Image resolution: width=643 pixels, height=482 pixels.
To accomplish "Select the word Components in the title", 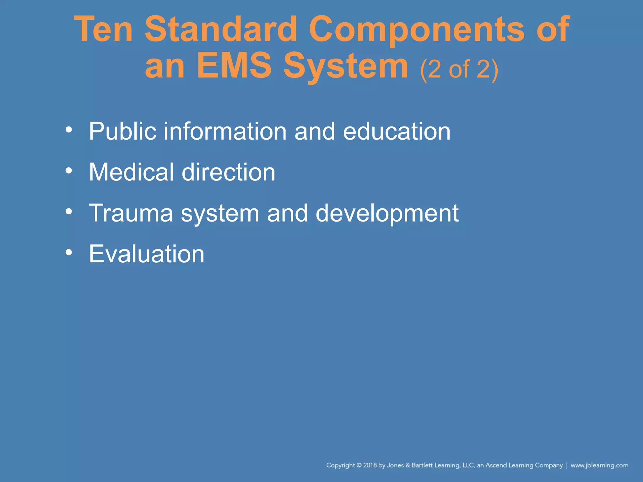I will pyautogui.click(x=416, y=30).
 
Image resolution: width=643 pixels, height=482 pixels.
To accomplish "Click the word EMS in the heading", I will pyautogui.click(x=234, y=66).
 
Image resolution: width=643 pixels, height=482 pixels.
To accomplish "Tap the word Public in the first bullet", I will pyautogui.click(x=122, y=131).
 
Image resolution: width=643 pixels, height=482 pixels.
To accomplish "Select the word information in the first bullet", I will pyautogui.click(x=225, y=131).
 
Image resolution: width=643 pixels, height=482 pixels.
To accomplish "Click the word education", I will pyautogui.click(x=397, y=131).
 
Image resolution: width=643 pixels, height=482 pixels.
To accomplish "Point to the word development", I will pyautogui.click(x=387, y=214).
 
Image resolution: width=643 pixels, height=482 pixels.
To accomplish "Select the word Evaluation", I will pyautogui.click(x=147, y=254).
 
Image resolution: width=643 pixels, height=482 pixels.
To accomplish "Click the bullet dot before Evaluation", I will pyautogui.click(x=69, y=252).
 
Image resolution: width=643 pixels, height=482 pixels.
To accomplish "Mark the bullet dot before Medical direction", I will pyautogui.click(x=69, y=170).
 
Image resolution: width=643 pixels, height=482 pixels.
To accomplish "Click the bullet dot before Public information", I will pyautogui.click(x=69, y=129).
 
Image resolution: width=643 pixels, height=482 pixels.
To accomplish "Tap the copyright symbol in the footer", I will pyautogui.click(x=359, y=465).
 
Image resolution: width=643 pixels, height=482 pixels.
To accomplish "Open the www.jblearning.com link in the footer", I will pyautogui.click(x=599, y=465).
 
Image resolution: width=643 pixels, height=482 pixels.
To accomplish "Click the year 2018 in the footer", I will pyautogui.click(x=370, y=465).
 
